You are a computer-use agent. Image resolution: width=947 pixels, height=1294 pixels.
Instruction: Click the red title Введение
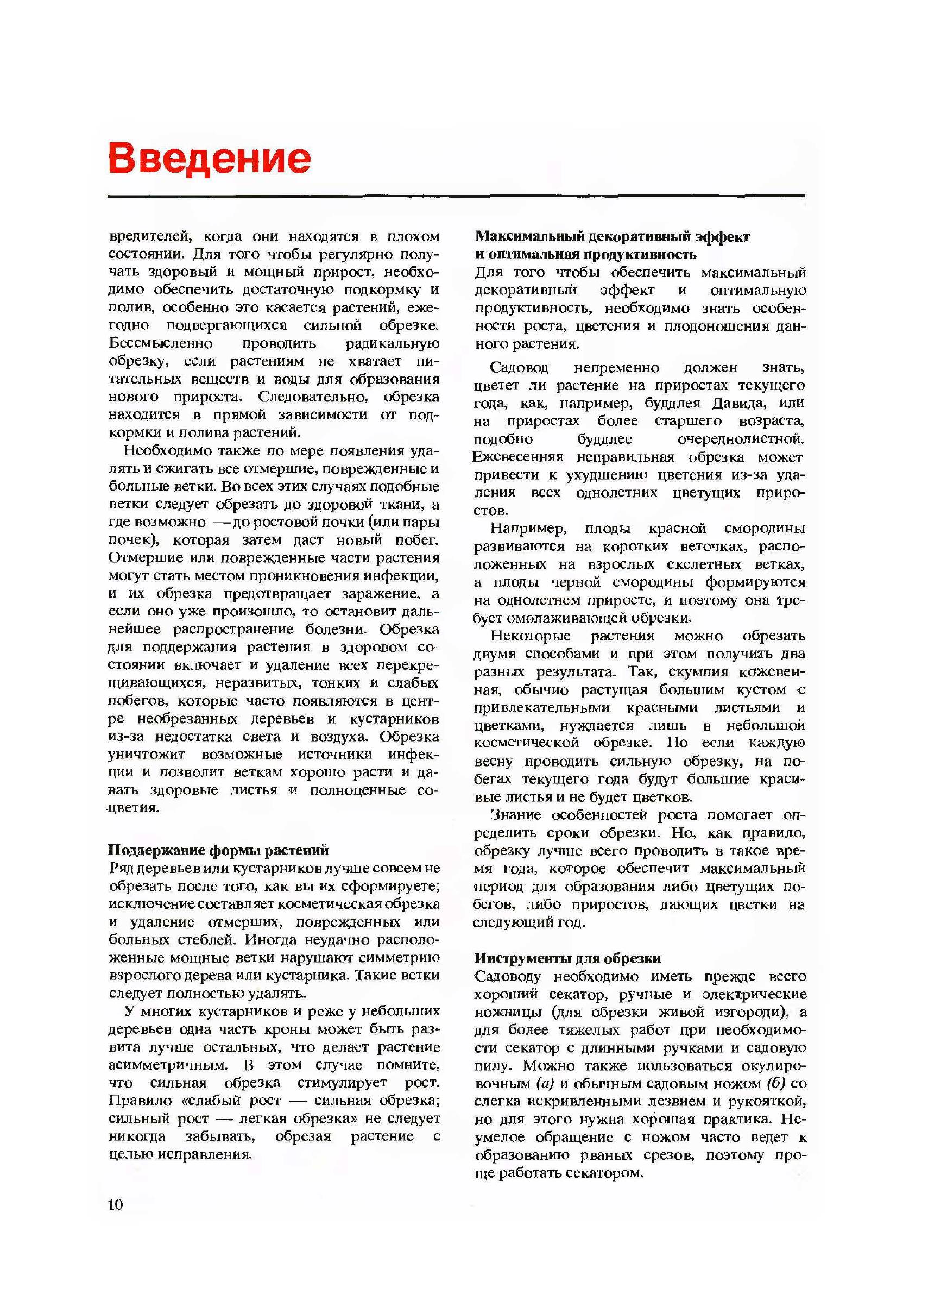pos(209,158)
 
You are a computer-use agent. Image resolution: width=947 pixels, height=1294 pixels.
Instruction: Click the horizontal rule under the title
pos(456,196)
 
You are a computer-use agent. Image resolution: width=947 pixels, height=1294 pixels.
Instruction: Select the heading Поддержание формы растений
pos(218,850)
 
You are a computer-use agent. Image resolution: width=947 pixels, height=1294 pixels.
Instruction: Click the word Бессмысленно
pos(161,343)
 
